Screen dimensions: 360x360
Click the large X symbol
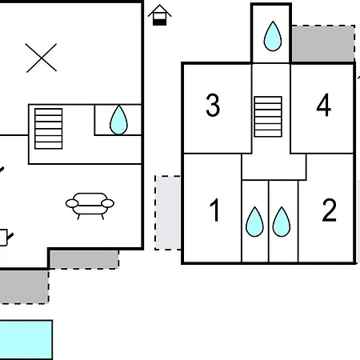tap(42, 58)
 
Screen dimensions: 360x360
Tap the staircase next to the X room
tap(49, 129)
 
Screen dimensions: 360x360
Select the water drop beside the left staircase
tap(118, 120)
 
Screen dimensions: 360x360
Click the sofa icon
tap(90, 206)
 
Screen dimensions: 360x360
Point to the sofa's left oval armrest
tap(72, 203)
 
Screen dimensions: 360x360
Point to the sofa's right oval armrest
tap(108, 203)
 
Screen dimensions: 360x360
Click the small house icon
tap(160, 15)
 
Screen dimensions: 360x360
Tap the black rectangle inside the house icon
tap(160, 22)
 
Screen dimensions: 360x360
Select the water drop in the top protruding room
tap(273, 36)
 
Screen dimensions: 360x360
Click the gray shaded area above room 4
tap(323, 43)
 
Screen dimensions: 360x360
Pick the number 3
tap(213, 105)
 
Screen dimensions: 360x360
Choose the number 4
tap(324, 105)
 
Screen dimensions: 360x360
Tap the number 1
tap(214, 210)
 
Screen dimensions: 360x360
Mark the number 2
tap(329, 210)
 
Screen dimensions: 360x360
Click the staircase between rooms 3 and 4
tap(268, 117)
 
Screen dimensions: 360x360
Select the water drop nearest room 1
tap(254, 222)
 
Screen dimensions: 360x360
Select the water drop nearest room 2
tap(282, 222)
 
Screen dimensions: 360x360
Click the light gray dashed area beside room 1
tap(168, 213)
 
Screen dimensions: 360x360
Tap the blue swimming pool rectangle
tap(26, 340)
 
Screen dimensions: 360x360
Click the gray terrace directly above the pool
tap(24, 286)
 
